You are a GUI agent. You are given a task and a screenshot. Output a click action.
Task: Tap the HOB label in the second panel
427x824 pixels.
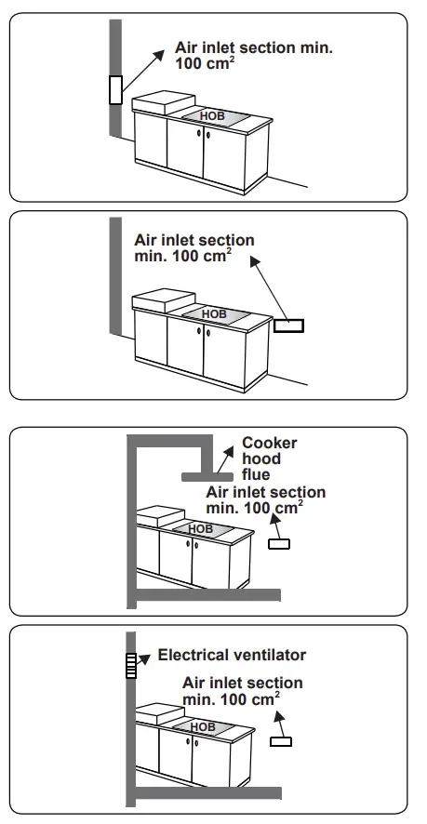pyautogui.click(x=214, y=314)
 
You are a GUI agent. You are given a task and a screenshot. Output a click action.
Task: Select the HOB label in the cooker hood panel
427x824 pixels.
pyautogui.click(x=200, y=528)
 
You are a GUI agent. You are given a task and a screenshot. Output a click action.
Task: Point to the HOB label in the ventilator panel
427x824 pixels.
pyautogui.click(x=203, y=726)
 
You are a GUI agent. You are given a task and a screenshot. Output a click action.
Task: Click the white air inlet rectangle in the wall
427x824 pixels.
pyautogui.click(x=115, y=89)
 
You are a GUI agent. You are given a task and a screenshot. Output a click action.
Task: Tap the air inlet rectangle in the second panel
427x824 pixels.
pyautogui.click(x=288, y=326)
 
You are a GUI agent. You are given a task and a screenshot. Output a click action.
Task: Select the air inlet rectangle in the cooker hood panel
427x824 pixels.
pyautogui.click(x=278, y=543)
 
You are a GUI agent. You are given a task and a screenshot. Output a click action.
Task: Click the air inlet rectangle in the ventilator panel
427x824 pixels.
pyautogui.click(x=281, y=741)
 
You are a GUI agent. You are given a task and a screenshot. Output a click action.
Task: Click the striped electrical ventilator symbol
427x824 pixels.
pyautogui.click(x=131, y=666)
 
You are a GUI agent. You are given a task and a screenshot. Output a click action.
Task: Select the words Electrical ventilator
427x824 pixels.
pyautogui.click(x=232, y=656)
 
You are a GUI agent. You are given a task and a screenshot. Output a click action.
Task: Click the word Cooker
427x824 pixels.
pyautogui.click(x=270, y=444)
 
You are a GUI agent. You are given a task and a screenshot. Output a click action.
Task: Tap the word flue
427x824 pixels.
pyautogui.click(x=256, y=475)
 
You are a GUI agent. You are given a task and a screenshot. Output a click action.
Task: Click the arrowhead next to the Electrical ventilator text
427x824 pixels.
pyautogui.click(x=146, y=656)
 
